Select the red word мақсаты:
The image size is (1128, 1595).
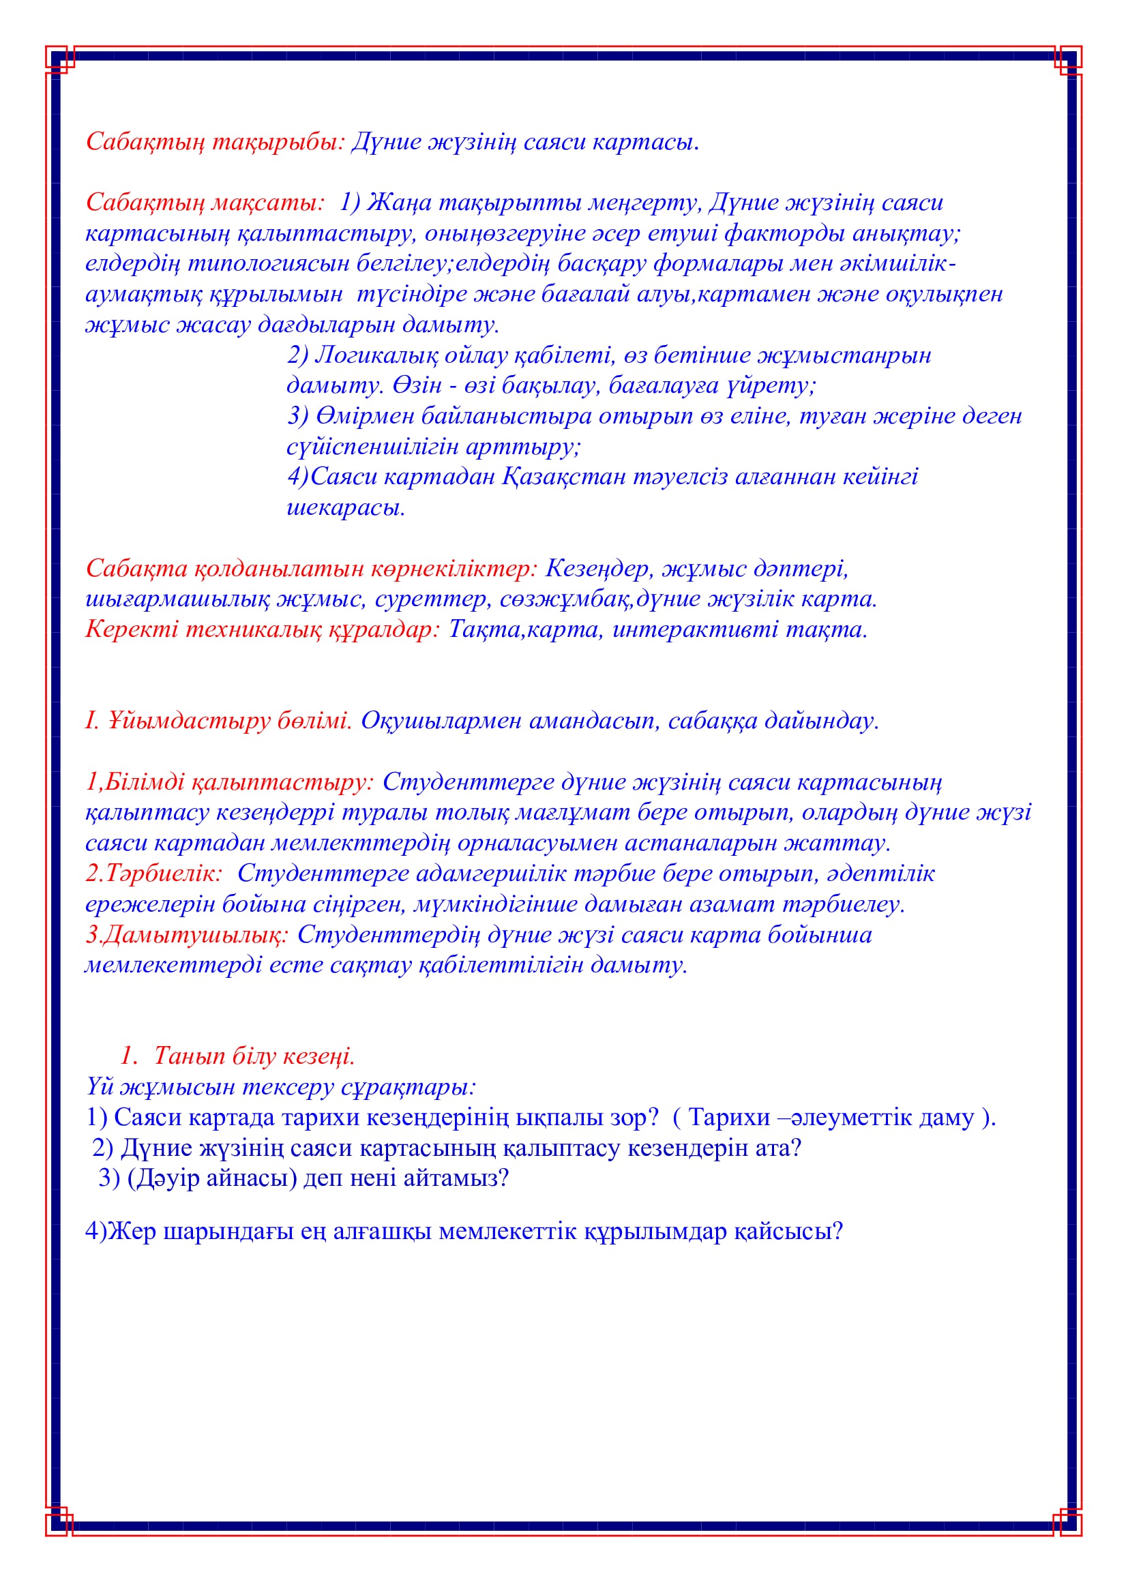268,203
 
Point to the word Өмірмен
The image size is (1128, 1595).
364,416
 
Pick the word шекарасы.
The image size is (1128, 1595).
345,508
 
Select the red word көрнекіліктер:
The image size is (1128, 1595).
454,569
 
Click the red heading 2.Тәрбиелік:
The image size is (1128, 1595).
153,874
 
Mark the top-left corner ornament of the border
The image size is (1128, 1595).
59,59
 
